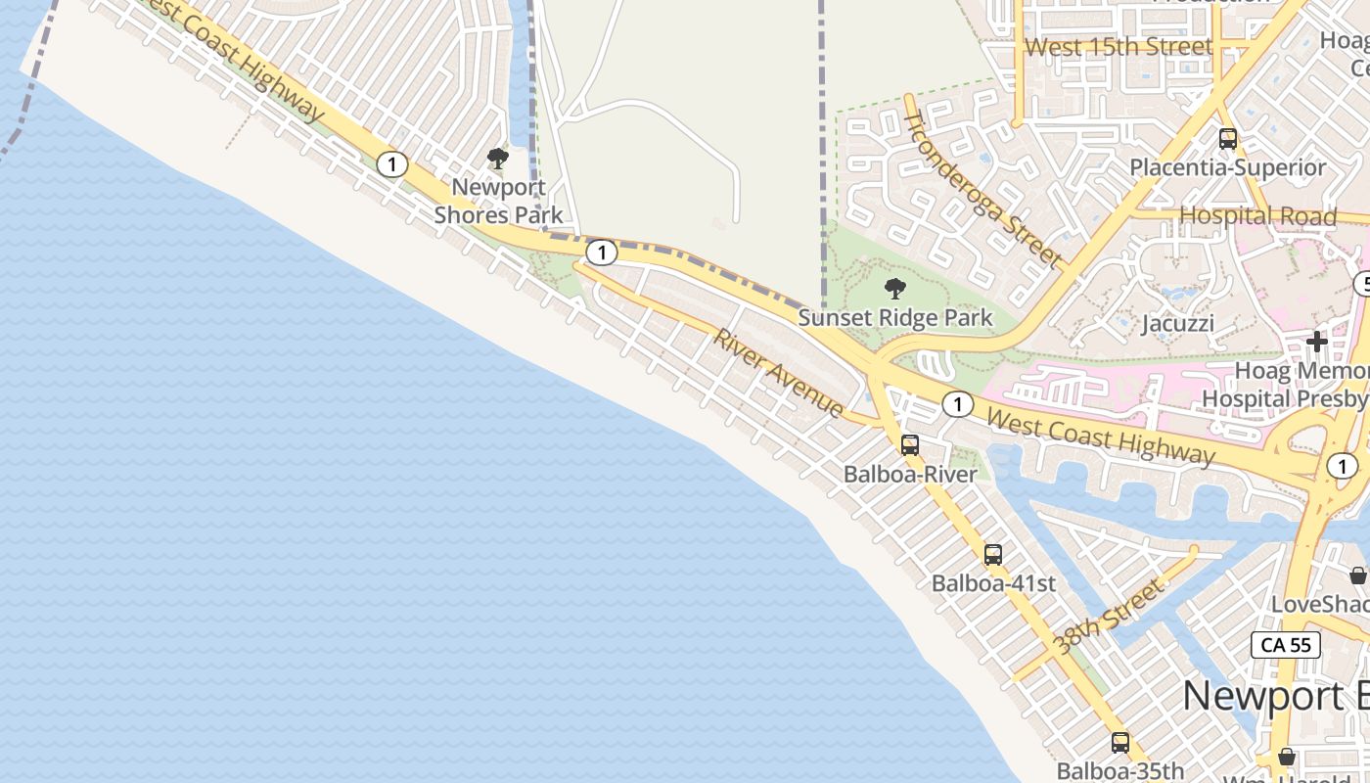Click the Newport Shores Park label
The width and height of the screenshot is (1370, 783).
pos(498,201)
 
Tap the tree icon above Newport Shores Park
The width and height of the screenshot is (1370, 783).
pos(498,158)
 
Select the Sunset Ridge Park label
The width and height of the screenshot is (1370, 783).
pos(894,318)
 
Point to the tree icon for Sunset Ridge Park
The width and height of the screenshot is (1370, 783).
pos(894,288)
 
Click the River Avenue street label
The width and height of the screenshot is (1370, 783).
pos(779,373)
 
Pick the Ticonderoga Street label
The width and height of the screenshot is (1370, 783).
pos(982,190)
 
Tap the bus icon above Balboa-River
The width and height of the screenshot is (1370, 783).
pos(910,445)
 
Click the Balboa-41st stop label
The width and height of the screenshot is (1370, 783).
pos(993,583)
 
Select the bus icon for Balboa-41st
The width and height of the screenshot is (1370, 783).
pos(993,555)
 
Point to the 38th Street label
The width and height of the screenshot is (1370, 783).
pos(1111,617)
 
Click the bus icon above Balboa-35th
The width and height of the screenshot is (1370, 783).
pos(1120,743)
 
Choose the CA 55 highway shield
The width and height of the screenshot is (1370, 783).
pos(1286,645)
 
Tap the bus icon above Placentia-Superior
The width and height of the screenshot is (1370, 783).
pos(1228,139)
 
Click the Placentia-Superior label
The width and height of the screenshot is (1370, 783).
pos(1228,167)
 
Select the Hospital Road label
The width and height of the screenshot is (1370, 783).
pos(1257,216)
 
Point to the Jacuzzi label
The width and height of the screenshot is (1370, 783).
pos(1178,323)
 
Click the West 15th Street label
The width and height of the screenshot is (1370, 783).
pos(1119,46)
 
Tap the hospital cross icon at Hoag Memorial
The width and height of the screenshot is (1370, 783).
pos(1317,342)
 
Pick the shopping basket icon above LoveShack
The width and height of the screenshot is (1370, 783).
pos(1358,576)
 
